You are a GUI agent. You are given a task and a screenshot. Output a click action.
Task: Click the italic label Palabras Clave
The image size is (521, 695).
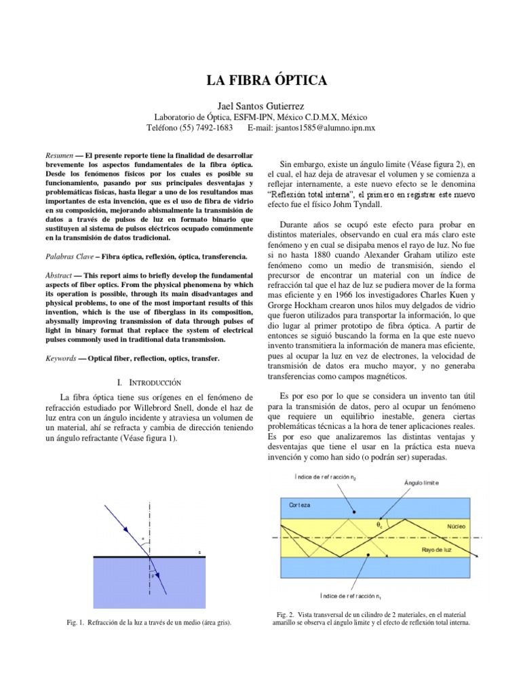[67, 257]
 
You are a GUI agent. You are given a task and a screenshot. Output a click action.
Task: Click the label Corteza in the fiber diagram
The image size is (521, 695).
[299, 506]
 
